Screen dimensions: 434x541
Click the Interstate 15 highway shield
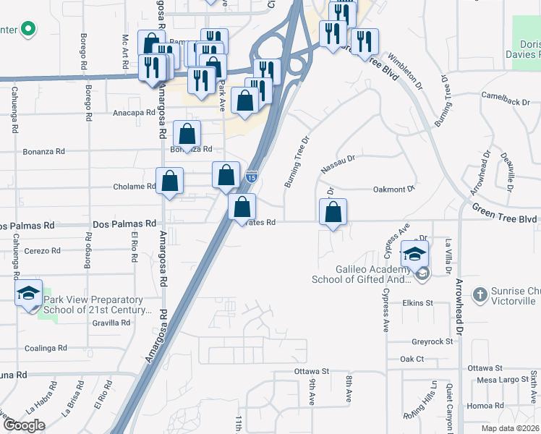click(251, 176)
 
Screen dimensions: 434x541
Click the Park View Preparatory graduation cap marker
click(28, 293)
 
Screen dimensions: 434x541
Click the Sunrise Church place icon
click(479, 294)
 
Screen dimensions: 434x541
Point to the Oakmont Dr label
click(393, 190)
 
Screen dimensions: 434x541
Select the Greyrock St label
click(432, 341)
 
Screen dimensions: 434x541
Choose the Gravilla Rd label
click(110, 323)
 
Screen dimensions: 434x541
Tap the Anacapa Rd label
click(134, 114)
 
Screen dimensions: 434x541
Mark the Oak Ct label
click(412, 359)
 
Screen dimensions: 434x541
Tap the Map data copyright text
click(511, 428)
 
